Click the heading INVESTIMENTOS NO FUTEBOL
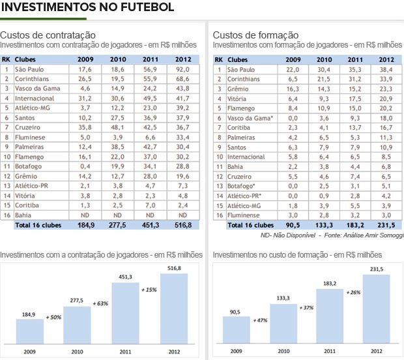pos(87,8)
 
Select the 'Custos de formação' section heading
pos(256,35)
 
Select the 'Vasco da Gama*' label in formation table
pos(250,118)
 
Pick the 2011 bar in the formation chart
pos(329,316)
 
